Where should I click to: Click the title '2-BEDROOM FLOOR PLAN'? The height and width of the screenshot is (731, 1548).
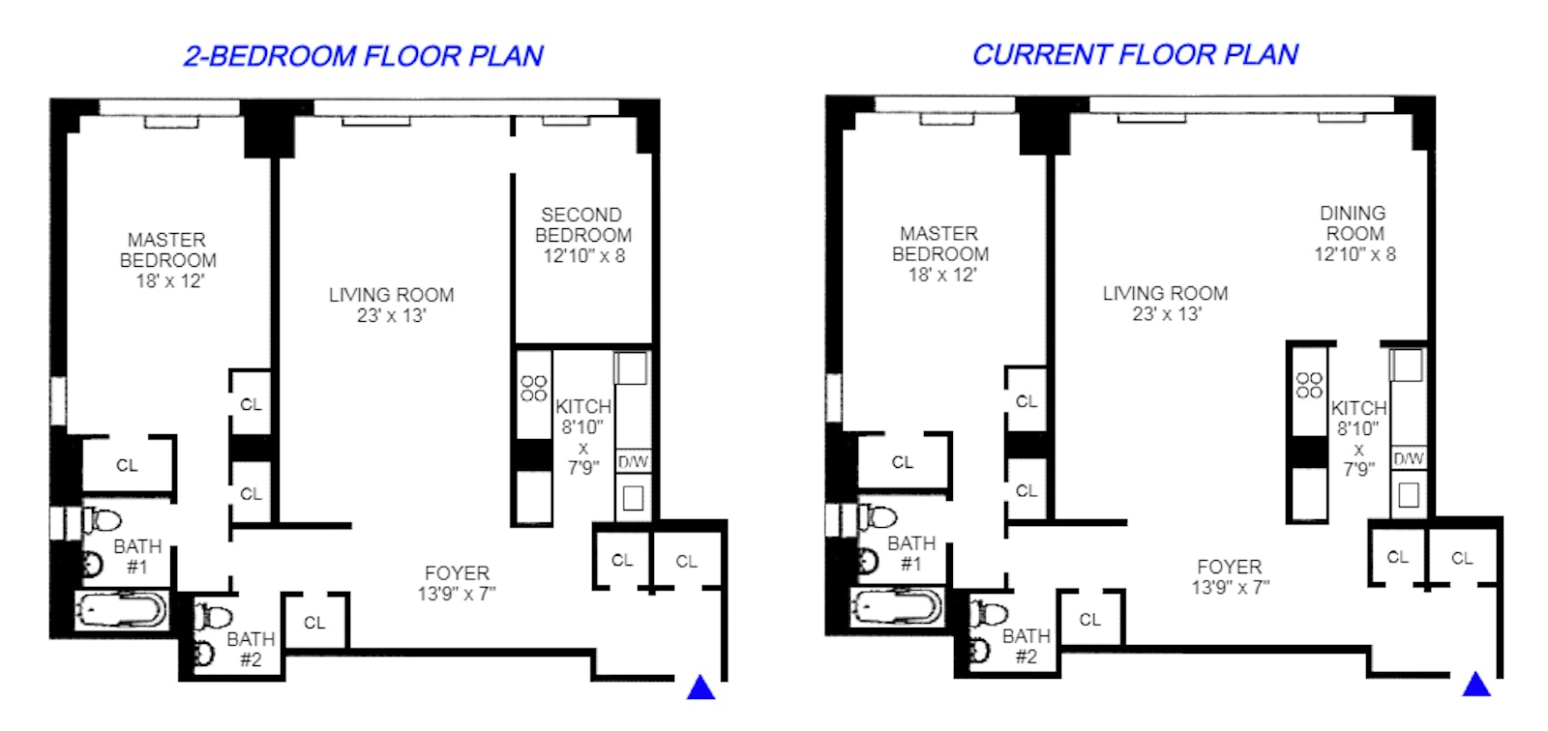point(363,56)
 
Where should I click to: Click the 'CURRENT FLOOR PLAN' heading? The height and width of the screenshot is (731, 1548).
point(1135,55)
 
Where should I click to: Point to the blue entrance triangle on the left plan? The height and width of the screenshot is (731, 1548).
point(700,687)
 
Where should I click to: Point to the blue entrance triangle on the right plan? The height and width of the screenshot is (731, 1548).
point(1475,685)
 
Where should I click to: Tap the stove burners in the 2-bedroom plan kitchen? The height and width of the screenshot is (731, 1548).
point(534,388)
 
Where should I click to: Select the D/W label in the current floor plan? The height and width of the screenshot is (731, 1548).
point(1408,458)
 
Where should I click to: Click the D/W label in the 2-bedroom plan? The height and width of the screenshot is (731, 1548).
point(633,462)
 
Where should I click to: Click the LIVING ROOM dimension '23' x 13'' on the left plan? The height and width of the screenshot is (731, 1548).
point(391,316)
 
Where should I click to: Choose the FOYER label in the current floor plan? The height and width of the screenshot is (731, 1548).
point(1229,567)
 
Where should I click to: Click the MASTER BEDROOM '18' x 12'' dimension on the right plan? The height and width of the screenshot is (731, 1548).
point(941,275)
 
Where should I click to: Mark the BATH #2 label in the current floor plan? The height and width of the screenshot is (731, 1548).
point(1026,646)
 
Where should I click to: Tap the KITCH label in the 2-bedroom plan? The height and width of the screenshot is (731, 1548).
point(582,406)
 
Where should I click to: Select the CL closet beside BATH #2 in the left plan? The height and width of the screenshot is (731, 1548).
point(314,623)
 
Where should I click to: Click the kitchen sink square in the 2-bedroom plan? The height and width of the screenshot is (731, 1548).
point(633,498)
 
